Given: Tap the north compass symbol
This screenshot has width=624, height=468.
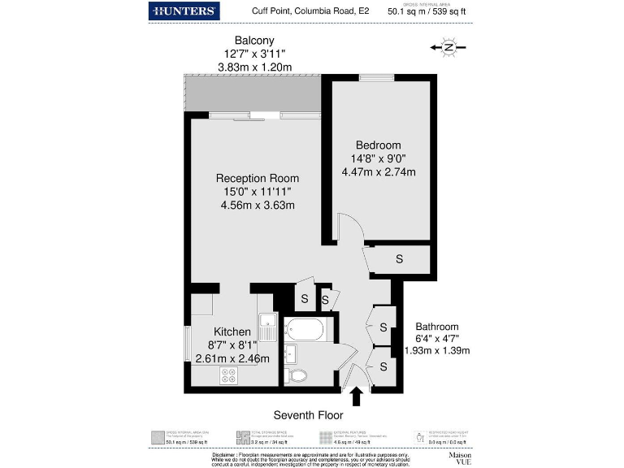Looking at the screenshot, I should (x=448, y=48).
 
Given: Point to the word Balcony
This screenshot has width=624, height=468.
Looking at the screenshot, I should (x=254, y=41).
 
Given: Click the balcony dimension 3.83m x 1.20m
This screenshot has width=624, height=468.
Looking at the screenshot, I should (x=254, y=67).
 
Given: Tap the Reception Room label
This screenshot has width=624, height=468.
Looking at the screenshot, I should (x=257, y=178).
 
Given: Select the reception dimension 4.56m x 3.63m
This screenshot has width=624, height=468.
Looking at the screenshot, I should (x=257, y=205).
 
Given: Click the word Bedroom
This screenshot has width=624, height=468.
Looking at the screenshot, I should (x=378, y=145).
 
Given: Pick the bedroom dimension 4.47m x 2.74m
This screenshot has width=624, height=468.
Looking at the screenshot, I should (x=378, y=171).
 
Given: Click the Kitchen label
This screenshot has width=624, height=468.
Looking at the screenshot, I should (x=232, y=331).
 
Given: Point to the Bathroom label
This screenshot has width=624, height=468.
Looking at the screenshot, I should (x=437, y=326).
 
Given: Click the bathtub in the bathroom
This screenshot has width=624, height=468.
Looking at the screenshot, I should (x=305, y=329).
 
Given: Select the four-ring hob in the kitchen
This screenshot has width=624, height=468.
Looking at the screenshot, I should (x=228, y=375).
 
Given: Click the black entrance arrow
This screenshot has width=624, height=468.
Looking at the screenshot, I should (x=355, y=397).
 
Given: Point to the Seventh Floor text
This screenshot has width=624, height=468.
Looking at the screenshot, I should (x=307, y=414).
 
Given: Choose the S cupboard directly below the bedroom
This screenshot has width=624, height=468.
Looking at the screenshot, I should (x=398, y=259).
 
